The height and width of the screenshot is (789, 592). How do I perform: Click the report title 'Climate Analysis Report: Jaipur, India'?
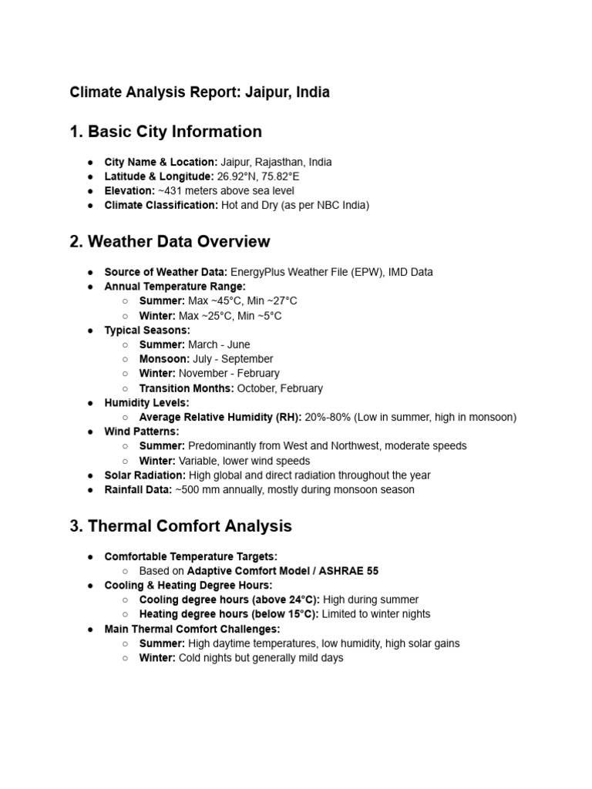[200, 92]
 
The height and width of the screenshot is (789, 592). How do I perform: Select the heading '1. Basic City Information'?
[166, 132]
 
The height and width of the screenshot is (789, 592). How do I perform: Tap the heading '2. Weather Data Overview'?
[170, 242]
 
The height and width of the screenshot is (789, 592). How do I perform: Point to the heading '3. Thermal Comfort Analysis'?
[181, 527]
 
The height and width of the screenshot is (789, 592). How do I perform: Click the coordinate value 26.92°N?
[242, 176]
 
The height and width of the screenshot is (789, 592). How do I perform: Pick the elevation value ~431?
[170, 190]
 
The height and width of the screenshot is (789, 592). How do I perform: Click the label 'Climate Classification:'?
[161, 205]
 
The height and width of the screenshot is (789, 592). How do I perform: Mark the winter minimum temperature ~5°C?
[267, 316]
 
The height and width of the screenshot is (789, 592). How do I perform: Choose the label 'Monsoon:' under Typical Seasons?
[163, 359]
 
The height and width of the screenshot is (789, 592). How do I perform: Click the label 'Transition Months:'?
[187, 388]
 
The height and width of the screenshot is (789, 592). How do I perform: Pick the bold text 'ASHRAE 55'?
[351, 571]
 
